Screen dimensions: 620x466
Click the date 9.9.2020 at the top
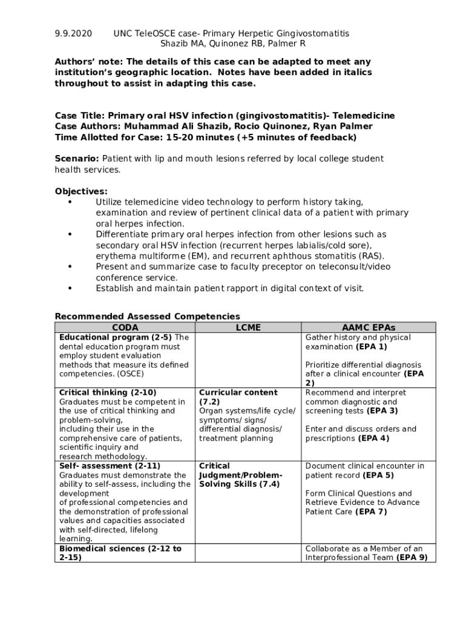pos(73,33)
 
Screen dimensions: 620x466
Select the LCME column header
pos(248,328)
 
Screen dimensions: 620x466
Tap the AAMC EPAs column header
pos(369,328)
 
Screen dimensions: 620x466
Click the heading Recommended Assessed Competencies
pos(147,317)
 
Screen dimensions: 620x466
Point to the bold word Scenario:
pos(77,159)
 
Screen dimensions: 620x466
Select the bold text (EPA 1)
pos(372,347)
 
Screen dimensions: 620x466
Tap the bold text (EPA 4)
pos(374,438)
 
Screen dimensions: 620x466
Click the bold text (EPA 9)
pos(412,558)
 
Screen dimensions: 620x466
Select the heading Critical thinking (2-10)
pos(108,392)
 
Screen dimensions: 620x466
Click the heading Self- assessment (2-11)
pos(110,466)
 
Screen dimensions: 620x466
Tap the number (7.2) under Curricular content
pos(209,401)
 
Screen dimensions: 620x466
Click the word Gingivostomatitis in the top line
pos(312,33)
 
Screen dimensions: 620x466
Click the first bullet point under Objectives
pos(70,202)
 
